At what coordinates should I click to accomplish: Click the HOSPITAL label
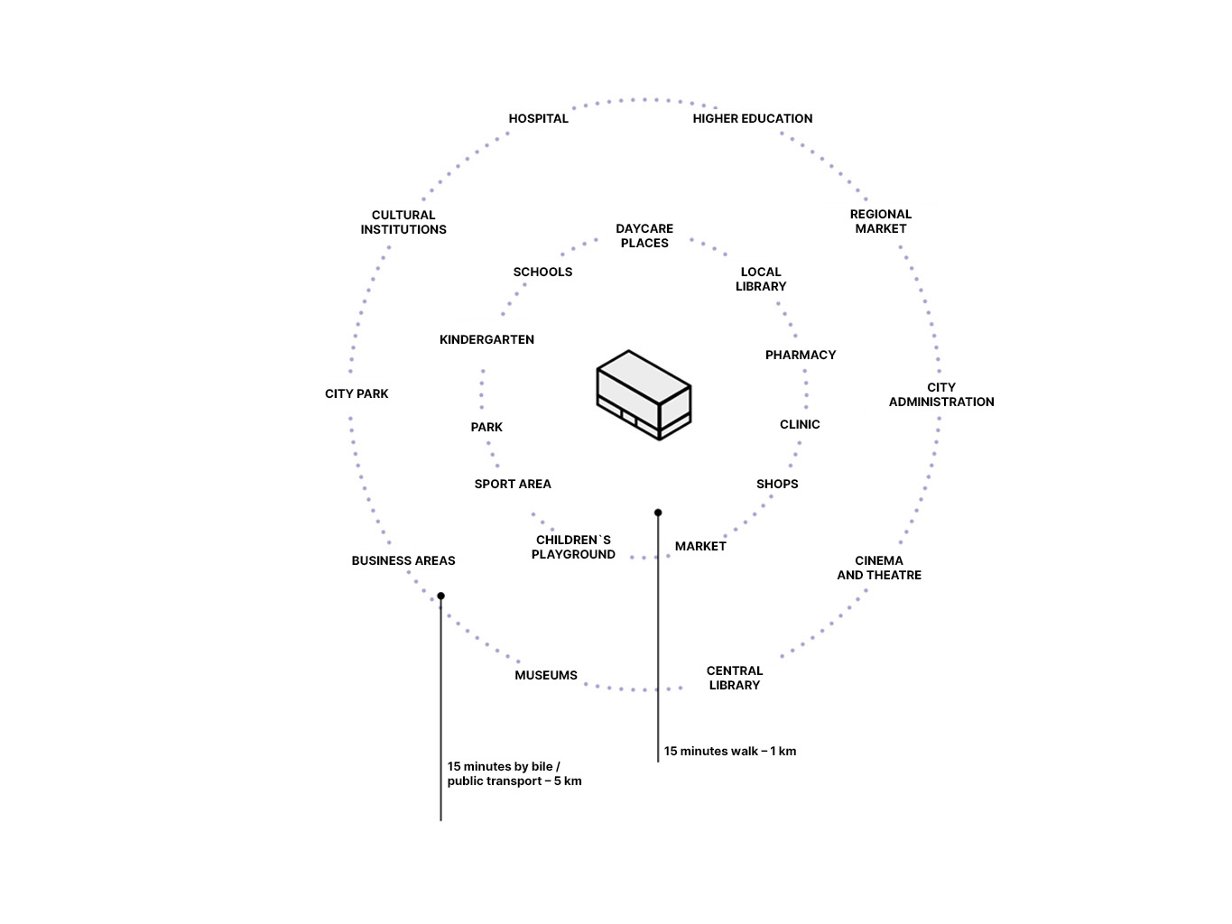coord(538,118)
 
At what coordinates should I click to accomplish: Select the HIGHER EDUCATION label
coord(752,118)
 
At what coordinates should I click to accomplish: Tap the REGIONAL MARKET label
coord(880,221)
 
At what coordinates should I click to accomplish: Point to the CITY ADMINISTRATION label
coord(940,394)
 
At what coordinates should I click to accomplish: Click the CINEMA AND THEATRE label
coord(878,568)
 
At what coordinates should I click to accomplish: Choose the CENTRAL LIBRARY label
coord(734,678)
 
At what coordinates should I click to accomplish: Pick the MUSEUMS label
coord(545,675)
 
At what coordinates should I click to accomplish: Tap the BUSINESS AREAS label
coord(403,560)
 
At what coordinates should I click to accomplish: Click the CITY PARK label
coord(357,393)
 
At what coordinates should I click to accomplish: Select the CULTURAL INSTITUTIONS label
coord(403,222)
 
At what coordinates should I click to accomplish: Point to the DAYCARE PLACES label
coord(644,236)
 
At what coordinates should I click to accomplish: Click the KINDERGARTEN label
coord(486,339)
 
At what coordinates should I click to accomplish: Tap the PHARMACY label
coord(800,355)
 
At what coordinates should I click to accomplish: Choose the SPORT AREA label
coord(512,484)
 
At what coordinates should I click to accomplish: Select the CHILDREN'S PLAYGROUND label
coord(572,547)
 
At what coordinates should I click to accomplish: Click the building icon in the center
coord(644,395)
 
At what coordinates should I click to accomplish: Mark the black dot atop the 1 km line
coord(658,513)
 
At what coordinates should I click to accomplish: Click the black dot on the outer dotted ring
coord(440,596)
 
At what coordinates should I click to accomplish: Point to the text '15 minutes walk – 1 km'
coord(729,751)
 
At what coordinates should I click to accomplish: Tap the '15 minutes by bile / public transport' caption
coord(514,773)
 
